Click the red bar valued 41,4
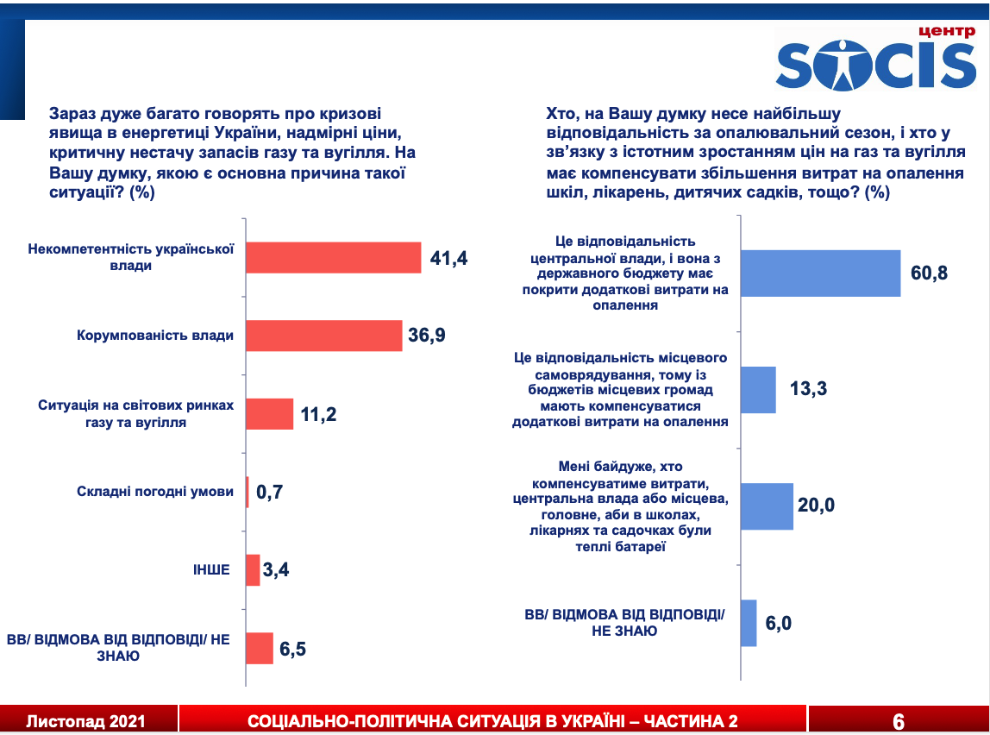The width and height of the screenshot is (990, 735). pos(333,257)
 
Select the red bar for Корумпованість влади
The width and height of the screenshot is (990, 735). pos(324,336)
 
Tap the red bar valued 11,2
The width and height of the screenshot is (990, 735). pos(269,414)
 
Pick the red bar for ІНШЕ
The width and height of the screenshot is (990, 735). pos(253,569)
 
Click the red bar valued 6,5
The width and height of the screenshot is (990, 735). pos(260,648)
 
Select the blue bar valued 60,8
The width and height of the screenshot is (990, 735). pos(821,273)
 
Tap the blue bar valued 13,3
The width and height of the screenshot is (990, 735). pos(759,389)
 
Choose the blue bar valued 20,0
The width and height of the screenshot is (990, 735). pos(767,506)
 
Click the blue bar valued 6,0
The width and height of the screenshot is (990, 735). pos(749,623)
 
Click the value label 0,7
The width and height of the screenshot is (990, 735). pos(268,493)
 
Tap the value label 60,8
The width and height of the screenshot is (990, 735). pos(929,274)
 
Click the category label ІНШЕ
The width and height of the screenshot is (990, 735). pos(211,569)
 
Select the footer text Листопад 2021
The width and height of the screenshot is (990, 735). pos(85,721)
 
